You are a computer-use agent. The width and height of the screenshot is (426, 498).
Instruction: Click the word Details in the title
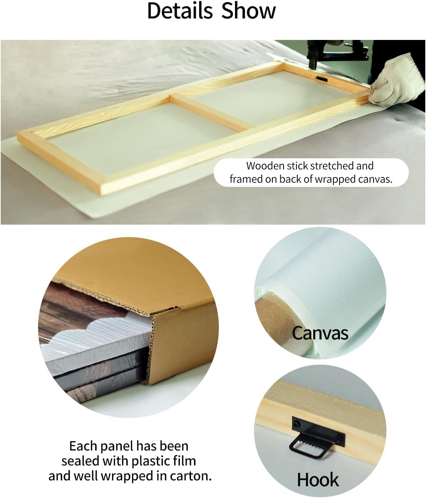coord(180,11)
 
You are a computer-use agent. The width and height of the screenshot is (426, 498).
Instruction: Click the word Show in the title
coord(248,11)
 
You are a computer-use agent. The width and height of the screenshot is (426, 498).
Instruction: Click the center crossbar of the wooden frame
coord(210,112)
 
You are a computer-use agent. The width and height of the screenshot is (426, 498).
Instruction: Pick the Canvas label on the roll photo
coord(320,334)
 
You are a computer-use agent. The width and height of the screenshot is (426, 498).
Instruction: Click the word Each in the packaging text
coord(83,446)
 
